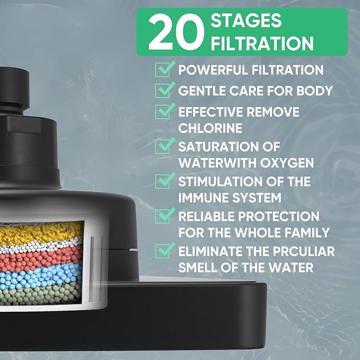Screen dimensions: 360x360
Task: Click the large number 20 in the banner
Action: coord(176,32)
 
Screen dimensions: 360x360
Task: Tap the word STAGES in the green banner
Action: coord(246,21)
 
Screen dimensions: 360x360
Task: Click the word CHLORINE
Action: coord(210,128)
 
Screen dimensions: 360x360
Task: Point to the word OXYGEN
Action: coord(287,163)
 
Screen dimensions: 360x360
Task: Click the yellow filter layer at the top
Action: coord(41,232)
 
